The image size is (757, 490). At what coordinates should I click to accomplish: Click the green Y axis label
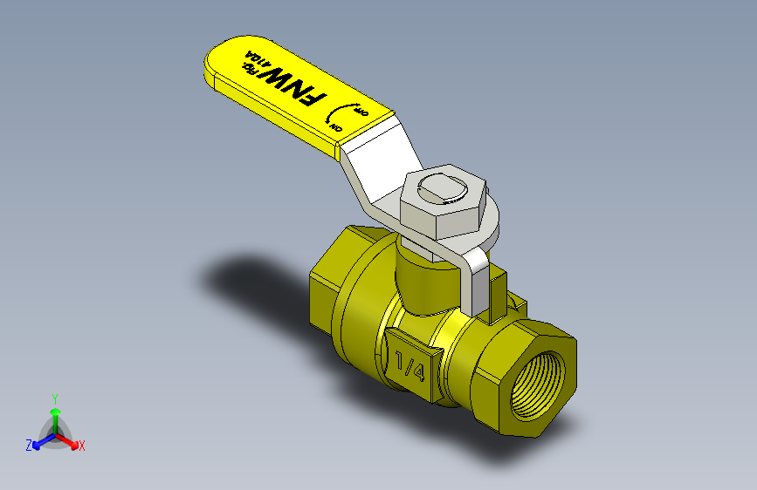click(x=54, y=397)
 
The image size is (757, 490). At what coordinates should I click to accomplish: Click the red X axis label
click(x=82, y=446)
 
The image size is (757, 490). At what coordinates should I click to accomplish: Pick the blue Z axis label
click(x=28, y=446)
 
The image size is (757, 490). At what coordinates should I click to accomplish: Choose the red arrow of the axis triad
click(x=72, y=441)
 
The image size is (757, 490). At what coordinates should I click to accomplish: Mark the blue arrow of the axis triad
click(x=39, y=441)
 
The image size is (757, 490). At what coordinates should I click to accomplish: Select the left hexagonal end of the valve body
click(x=327, y=292)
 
